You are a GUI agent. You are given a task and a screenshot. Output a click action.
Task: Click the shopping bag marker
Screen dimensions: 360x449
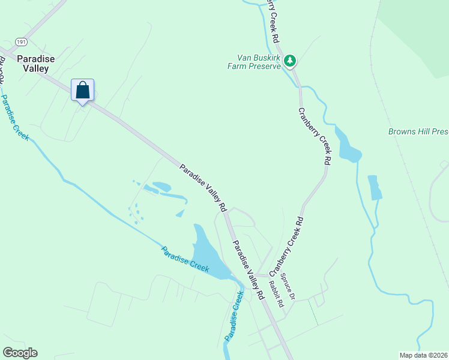click(x=83, y=91)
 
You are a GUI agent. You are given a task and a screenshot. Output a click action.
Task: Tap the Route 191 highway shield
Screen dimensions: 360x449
click(x=22, y=41)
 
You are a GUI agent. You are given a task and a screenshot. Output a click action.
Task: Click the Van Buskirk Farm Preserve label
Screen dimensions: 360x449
click(x=258, y=62)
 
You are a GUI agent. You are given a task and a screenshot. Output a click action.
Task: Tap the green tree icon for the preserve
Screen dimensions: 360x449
click(x=291, y=60)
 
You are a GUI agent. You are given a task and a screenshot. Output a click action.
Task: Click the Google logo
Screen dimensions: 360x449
click(x=20, y=353)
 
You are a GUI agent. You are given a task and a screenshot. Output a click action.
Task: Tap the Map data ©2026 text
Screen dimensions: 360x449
click(x=423, y=355)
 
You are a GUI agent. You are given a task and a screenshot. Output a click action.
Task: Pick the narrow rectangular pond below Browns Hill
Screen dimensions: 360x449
click(x=375, y=187)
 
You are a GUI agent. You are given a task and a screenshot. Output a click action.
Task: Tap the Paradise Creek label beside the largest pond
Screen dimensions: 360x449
click(x=185, y=259)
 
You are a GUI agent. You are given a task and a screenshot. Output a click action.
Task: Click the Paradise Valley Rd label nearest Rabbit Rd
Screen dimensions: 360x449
click(x=248, y=270)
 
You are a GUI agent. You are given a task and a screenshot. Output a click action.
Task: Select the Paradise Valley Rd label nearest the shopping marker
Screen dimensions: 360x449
click(x=203, y=187)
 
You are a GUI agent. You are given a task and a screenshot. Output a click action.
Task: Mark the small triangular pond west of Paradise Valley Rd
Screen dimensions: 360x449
click(x=180, y=213)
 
